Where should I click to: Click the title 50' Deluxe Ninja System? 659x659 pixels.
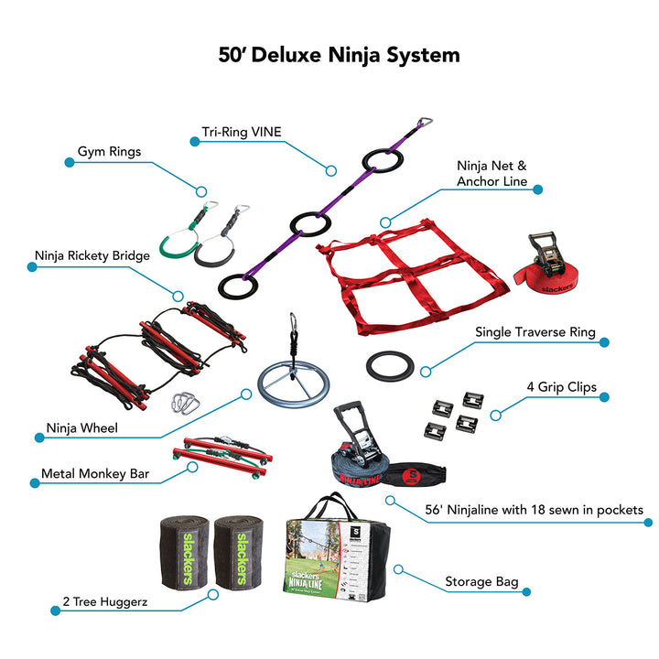click(x=339, y=55)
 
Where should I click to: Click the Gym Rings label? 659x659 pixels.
click(x=109, y=152)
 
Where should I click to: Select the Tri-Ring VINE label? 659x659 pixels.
click(x=241, y=132)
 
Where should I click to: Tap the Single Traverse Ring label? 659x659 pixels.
click(x=535, y=333)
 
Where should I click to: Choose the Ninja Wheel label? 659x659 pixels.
click(x=83, y=427)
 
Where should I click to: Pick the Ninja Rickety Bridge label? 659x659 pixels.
click(x=92, y=256)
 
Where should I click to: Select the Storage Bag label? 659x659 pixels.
click(x=481, y=581)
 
